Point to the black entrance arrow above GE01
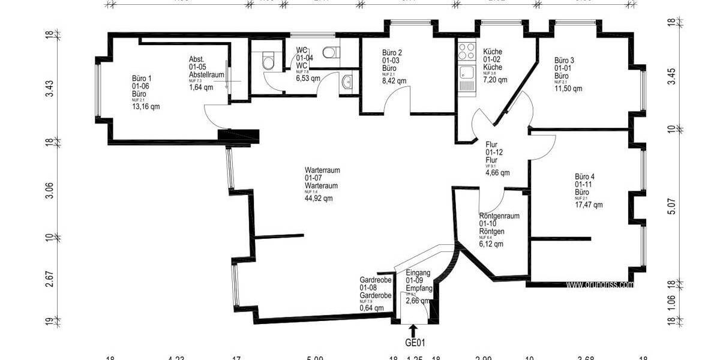pyautogui.click(x=413, y=331)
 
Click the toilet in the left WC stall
pyautogui.click(x=268, y=60)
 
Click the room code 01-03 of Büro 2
pyautogui.click(x=391, y=61)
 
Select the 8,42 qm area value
pyautogui.click(x=394, y=80)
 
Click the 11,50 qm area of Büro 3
pyautogui.click(x=568, y=89)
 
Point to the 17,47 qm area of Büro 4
pyautogui.click(x=589, y=205)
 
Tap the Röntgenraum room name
pyautogui.click(x=499, y=216)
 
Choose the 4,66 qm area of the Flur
pyautogui.click(x=497, y=173)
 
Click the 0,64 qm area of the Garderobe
pyautogui.click(x=371, y=308)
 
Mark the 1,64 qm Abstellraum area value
pyautogui.click(x=201, y=87)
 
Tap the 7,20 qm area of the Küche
pyautogui.click(x=495, y=79)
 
